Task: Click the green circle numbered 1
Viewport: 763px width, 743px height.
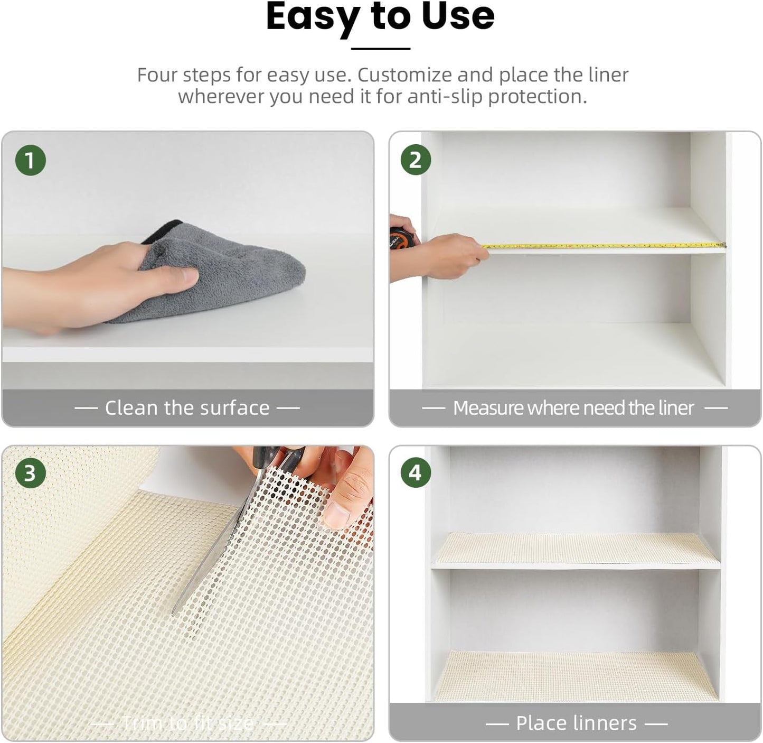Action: [31, 160]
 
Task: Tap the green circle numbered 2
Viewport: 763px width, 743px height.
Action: [416, 160]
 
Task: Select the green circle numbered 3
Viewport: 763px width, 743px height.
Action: [30, 473]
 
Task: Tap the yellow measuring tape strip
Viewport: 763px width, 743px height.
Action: [602, 246]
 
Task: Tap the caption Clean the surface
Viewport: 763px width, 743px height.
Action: [187, 408]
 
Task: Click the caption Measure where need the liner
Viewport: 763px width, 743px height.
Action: [573, 408]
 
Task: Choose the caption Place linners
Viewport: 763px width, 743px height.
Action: [576, 723]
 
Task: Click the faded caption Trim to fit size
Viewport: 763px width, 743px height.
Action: [187, 723]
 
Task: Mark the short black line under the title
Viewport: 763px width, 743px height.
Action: [381, 49]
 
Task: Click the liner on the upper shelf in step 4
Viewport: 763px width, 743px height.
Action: [576, 548]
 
